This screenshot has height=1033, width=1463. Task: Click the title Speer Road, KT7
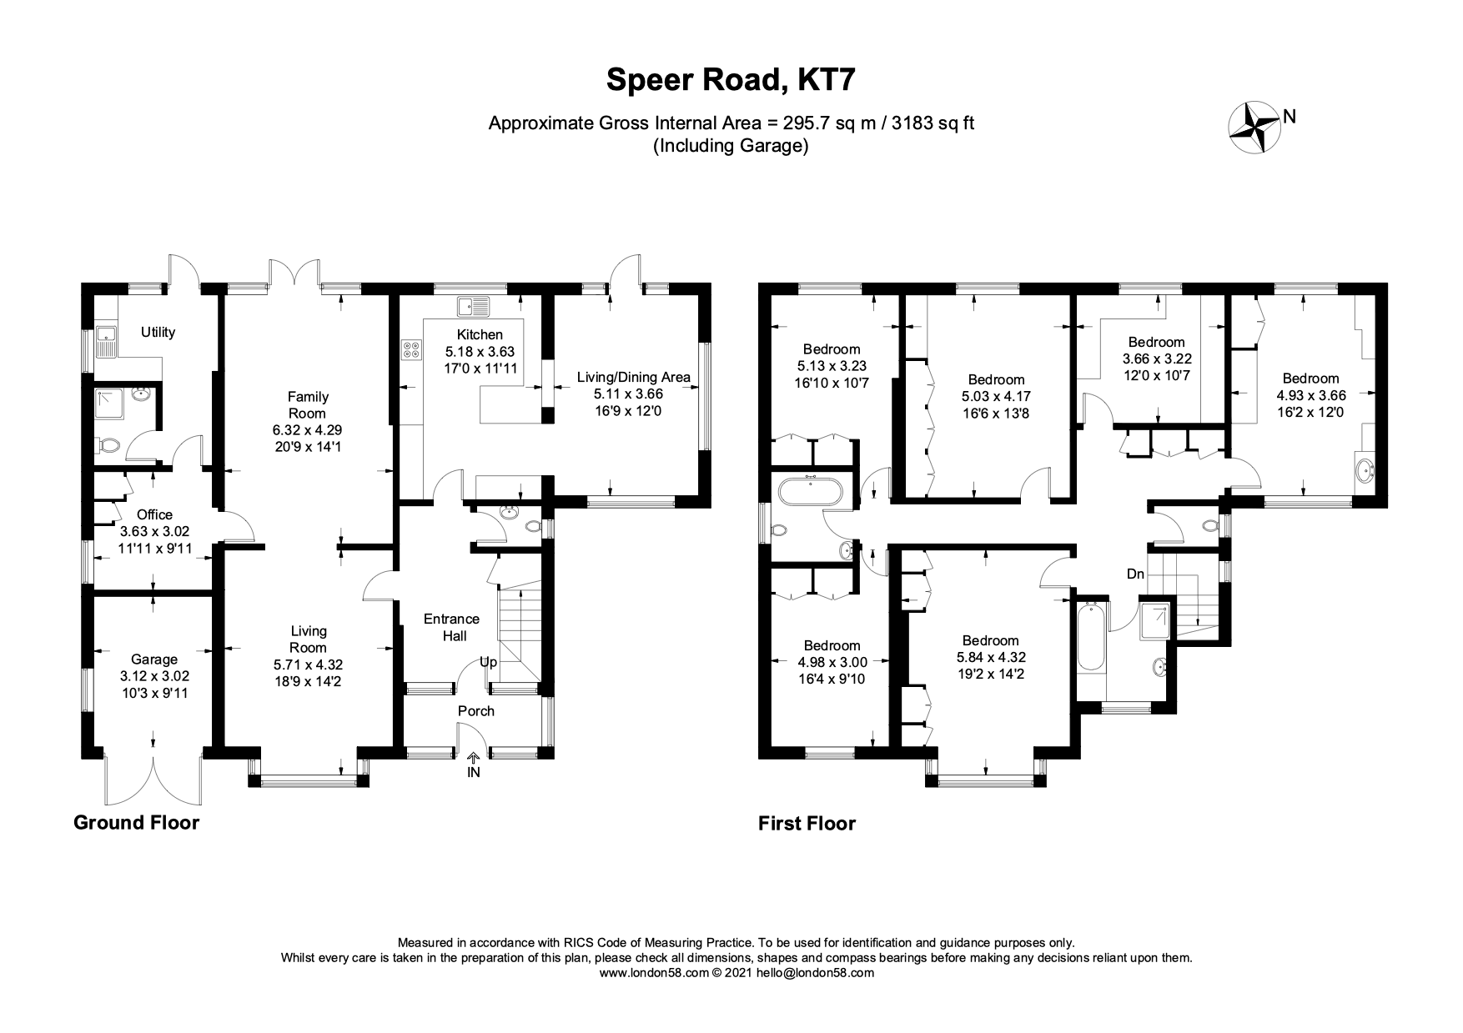coord(731,81)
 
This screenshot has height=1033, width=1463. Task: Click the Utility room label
coord(158,333)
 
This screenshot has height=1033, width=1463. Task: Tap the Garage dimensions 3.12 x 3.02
coord(153,675)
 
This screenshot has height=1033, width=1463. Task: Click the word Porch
coord(476,711)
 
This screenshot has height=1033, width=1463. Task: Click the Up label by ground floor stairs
coord(488,662)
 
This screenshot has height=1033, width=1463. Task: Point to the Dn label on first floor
coord(1135,574)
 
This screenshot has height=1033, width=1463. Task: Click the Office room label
coord(154,515)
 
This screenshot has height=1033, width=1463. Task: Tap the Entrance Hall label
coord(451,627)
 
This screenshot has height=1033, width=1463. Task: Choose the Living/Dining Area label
coord(633,377)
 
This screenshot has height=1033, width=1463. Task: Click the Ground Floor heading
coord(137,823)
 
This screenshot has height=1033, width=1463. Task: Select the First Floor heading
coord(807,824)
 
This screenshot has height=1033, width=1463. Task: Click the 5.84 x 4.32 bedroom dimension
coord(990,657)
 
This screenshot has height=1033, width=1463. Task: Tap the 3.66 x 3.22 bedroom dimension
coord(1156,359)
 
